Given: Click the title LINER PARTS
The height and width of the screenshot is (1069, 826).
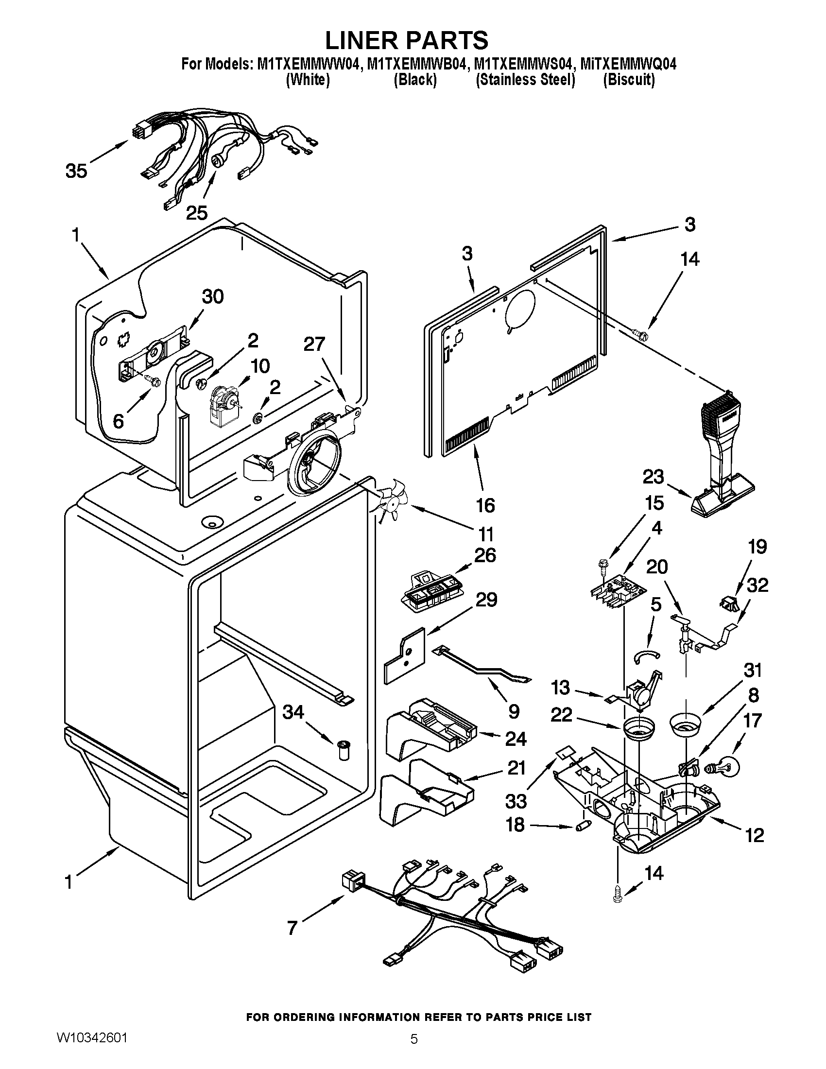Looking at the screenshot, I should pyautogui.click(x=407, y=40).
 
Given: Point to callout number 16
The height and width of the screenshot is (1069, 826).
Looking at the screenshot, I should pyautogui.click(x=485, y=505).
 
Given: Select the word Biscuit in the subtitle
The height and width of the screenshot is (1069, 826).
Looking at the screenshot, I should pyautogui.click(x=629, y=80).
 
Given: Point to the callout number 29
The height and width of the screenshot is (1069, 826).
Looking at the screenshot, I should pyautogui.click(x=486, y=600).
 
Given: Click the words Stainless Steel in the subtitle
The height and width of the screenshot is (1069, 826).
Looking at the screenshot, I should pyautogui.click(x=526, y=80).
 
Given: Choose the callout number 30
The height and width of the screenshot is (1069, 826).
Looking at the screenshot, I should pyautogui.click(x=212, y=296).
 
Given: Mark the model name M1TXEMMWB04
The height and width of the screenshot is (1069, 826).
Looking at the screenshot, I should pyautogui.click(x=415, y=64).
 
